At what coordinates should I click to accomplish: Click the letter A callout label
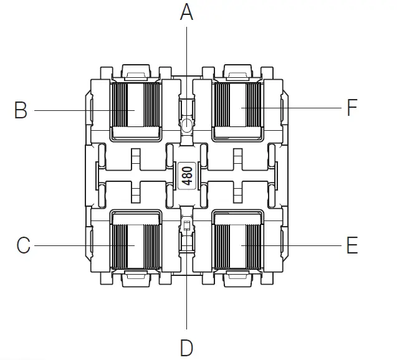[x=186, y=12]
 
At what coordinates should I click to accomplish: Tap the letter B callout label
[x=21, y=110]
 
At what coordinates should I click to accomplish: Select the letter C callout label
[x=23, y=245]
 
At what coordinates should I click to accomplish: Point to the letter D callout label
[x=186, y=348]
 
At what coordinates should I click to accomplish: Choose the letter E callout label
[x=352, y=245]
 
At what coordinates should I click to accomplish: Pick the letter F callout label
[x=352, y=108]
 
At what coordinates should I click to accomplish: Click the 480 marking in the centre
[x=187, y=176]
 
